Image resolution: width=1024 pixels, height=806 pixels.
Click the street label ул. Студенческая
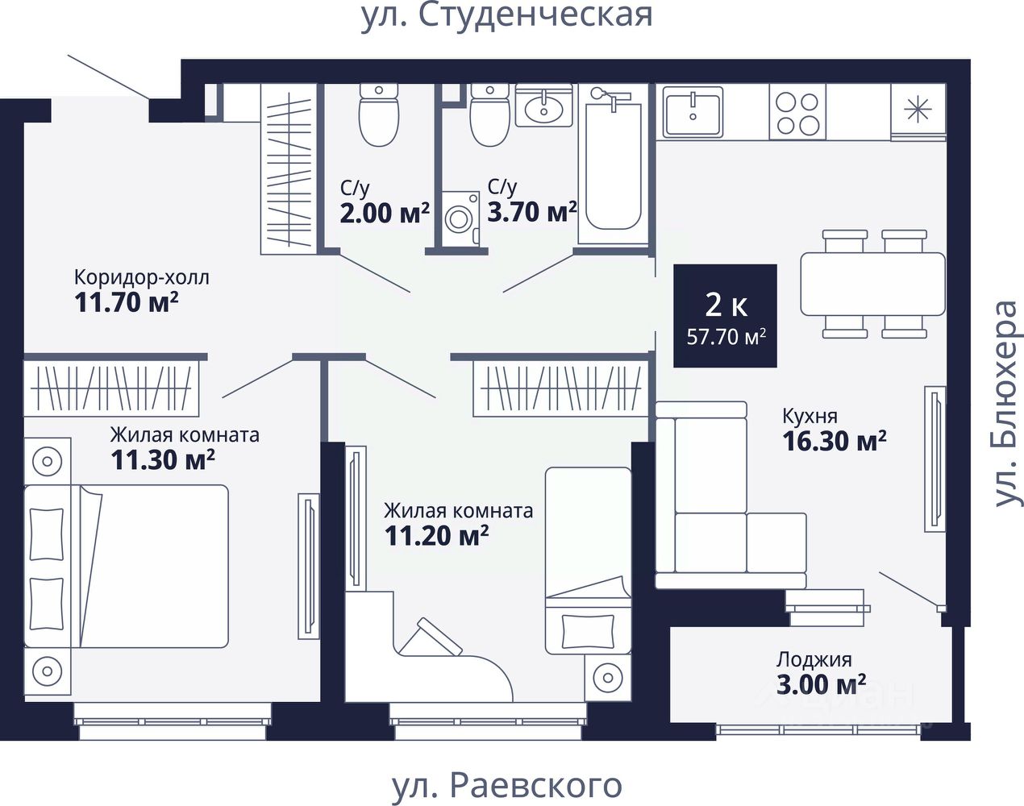[x=507, y=15]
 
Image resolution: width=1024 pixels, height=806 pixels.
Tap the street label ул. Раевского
[x=507, y=786]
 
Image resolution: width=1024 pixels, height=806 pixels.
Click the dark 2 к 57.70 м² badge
[x=725, y=316]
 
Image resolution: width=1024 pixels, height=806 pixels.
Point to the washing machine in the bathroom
[x=460, y=219]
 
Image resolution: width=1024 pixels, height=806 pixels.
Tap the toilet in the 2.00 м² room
[x=378, y=115]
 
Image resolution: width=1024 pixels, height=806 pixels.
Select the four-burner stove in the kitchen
[x=797, y=114]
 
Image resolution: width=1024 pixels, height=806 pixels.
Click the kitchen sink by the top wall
[x=693, y=112]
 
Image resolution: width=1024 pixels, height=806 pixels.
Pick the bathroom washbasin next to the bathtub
[x=543, y=106]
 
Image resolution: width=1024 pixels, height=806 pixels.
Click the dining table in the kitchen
[x=872, y=284]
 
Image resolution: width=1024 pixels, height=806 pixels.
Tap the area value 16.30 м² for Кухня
[x=835, y=442]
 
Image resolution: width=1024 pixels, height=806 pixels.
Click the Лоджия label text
[x=814, y=660]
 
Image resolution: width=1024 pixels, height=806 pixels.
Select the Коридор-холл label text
[x=142, y=277]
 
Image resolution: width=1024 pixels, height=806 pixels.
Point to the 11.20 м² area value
[x=436, y=536]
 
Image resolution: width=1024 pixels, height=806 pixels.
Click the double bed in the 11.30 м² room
[x=127, y=566]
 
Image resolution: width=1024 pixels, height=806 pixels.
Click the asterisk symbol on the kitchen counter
[x=918, y=110]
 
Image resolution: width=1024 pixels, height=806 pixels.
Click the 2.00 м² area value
[x=385, y=213]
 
